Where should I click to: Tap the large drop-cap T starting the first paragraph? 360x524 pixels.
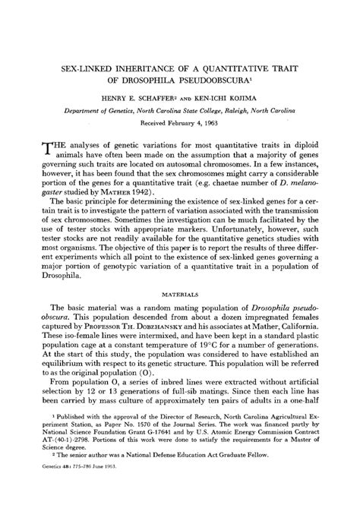[x=39, y=152]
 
